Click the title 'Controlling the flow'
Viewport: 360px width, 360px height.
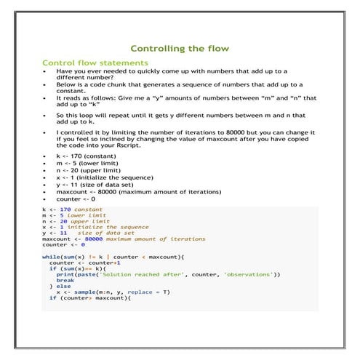tap(184, 49)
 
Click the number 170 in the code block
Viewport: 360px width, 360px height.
tap(65, 209)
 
